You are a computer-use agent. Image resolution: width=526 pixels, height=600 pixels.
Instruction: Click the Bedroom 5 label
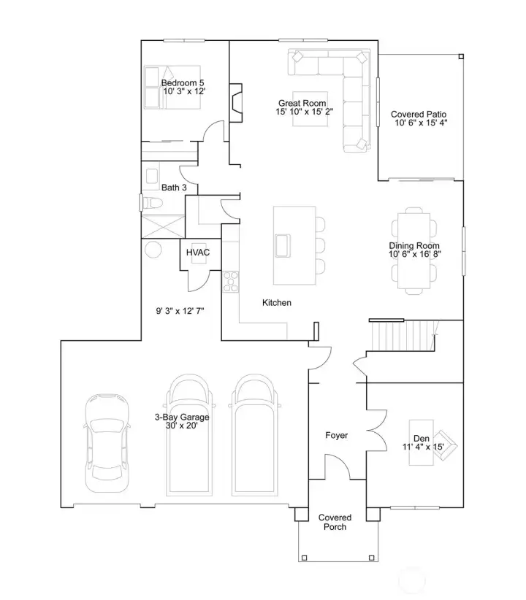(183, 82)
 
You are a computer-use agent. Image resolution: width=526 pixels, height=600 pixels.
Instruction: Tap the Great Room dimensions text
(304, 112)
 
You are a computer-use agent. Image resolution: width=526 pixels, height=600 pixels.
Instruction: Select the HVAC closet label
(198, 253)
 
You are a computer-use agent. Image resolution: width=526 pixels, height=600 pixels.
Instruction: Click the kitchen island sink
(282, 245)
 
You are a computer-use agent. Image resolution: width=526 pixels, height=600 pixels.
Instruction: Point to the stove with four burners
(231, 282)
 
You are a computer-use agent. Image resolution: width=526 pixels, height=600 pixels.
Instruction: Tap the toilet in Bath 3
(151, 202)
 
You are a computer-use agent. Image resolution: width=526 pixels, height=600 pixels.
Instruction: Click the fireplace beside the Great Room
(236, 103)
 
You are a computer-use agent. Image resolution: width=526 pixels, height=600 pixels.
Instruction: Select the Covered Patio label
(419, 114)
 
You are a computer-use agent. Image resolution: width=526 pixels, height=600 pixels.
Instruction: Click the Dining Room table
(413, 251)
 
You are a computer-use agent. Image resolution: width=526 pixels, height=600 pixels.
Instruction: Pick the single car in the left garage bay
(107, 443)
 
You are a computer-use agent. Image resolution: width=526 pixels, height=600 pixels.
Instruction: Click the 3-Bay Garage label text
(182, 417)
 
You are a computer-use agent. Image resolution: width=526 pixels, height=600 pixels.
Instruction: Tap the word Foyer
(336, 435)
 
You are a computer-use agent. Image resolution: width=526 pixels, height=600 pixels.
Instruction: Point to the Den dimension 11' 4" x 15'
(423, 447)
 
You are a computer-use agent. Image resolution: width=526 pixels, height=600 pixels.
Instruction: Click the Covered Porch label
(335, 522)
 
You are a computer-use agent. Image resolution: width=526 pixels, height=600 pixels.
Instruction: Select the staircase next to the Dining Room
(403, 336)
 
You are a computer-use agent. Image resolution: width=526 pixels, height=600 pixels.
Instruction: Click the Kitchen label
(277, 303)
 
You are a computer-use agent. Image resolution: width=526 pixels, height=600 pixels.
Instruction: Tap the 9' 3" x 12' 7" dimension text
(180, 311)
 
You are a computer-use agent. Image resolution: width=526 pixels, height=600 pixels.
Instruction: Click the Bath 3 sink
(152, 176)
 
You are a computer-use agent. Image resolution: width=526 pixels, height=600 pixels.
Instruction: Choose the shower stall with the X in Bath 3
(163, 226)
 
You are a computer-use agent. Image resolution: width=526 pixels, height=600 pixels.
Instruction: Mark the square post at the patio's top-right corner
(461, 57)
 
